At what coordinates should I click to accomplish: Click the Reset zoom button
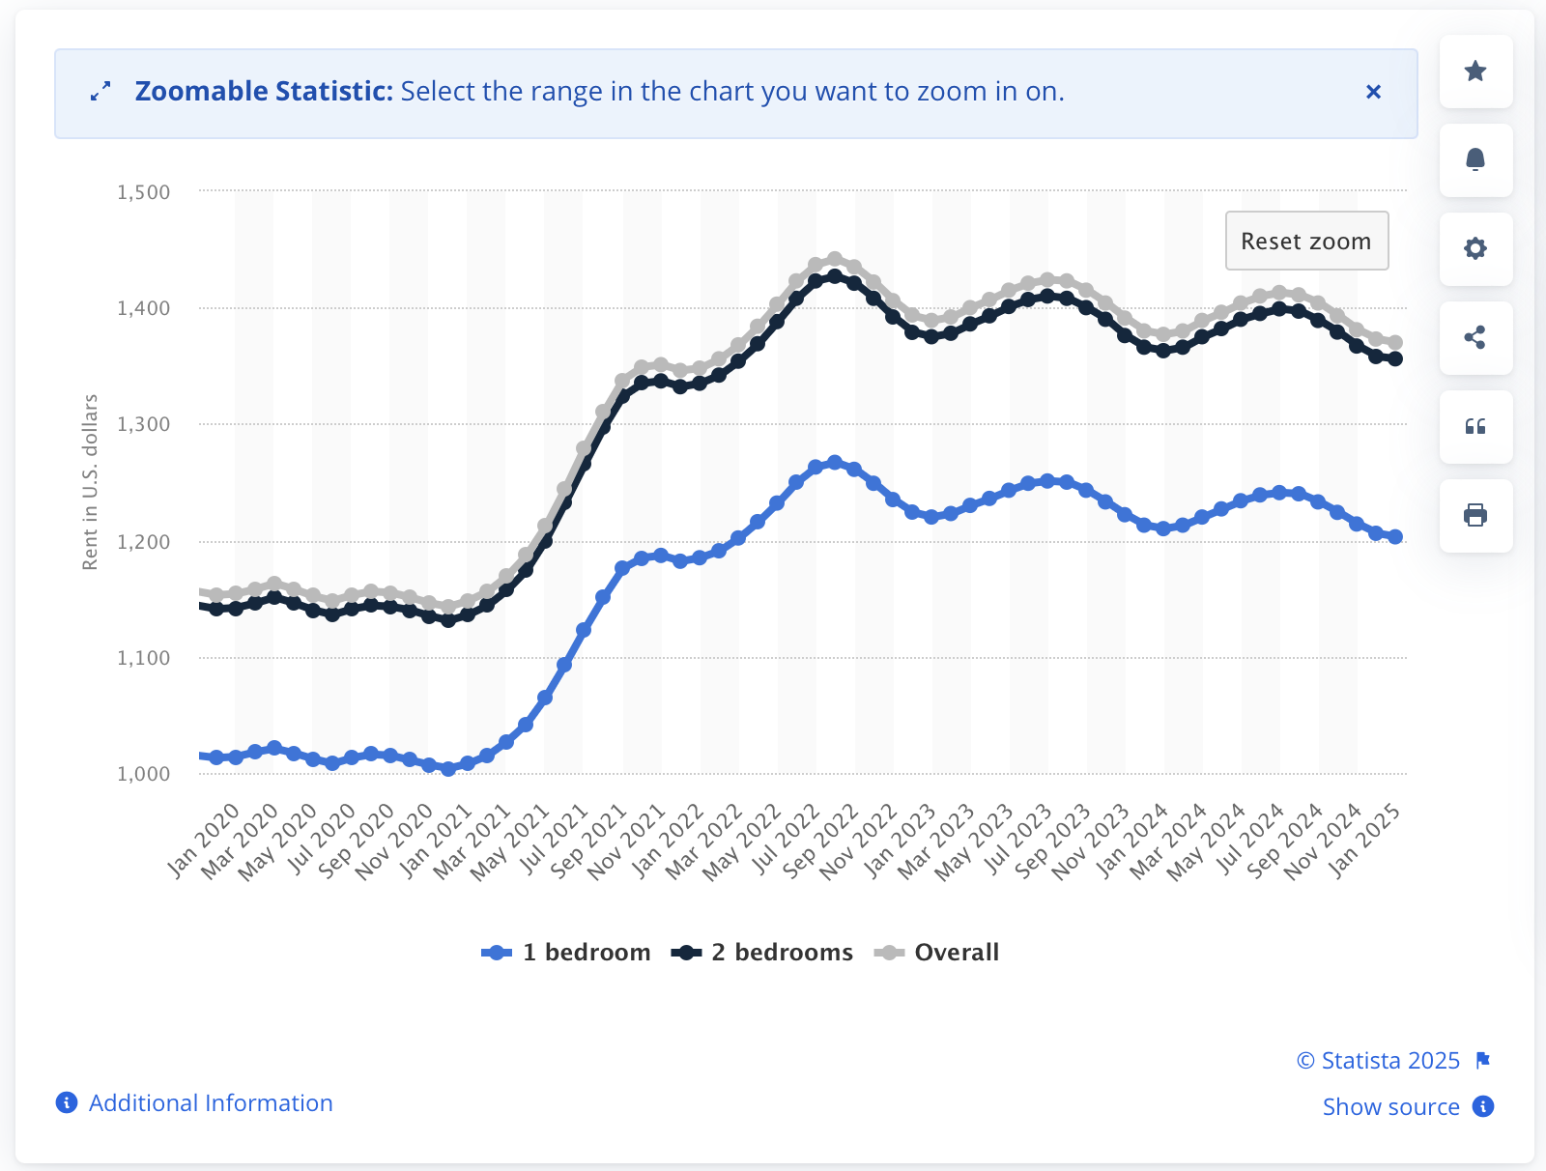[x=1306, y=241]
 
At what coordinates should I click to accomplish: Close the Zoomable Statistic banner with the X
[x=1373, y=92]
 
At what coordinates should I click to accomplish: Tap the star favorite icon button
[x=1475, y=71]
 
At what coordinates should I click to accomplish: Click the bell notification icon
[x=1475, y=159]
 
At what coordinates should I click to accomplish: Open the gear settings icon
[x=1475, y=248]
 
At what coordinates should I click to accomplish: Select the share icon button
[x=1475, y=337]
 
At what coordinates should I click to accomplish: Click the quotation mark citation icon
[x=1475, y=426]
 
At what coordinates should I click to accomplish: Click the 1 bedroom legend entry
[x=566, y=953]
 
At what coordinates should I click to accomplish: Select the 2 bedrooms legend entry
[x=762, y=953]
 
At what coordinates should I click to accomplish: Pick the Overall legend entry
[x=936, y=953]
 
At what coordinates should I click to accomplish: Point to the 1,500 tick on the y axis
[x=143, y=192]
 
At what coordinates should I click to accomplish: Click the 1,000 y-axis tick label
[x=143, y=774]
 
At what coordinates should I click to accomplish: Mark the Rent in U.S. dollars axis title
[x=90, y=482]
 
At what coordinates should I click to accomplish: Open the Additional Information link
[x=210, y=1103]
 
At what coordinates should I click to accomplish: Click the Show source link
[x=1390, y=1107]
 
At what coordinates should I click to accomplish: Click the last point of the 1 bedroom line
[x=1395, y=537]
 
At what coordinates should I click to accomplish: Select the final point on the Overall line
[x=1395, y=342]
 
